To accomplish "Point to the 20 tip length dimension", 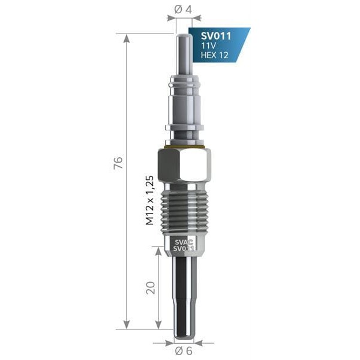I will pyautogui.click(x=151, y=287).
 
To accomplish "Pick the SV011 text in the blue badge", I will pyautogui.click(x=215, y=34).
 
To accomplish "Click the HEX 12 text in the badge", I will pyautogui.click(x=214, y=55).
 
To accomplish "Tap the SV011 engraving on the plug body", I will pyautogui.click(x=182, y=248).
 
